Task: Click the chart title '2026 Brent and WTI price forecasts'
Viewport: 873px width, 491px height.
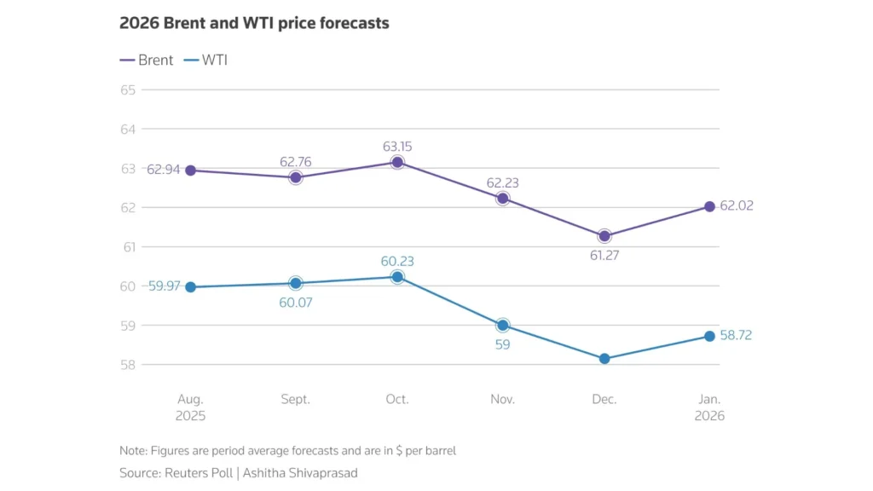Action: click(x=254, y=24)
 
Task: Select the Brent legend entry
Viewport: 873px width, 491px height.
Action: click(x=147, y=60)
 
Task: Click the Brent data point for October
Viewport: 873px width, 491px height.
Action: click(x=397, y=162)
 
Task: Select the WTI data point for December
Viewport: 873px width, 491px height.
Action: click(x=604, y=359)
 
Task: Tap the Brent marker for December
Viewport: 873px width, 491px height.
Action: click(x=604, y=236)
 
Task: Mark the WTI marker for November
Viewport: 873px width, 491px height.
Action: click(x=502, y=326)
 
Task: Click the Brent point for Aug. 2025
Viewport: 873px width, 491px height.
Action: click(x=191, y=170)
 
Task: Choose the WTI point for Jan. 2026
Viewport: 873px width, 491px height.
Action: click(x=709, y=336)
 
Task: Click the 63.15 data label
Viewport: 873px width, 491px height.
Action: click(x=397, y=147)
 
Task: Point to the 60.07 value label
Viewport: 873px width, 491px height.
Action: click(x=296, y=302)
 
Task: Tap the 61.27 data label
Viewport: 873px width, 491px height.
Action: click(x=604, y=255)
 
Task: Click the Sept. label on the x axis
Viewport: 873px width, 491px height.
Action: click(x=296, y=399)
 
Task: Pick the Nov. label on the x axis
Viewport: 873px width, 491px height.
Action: click(x=502, y=399)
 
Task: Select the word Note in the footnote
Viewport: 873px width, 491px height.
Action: click(x=133, y=450)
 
